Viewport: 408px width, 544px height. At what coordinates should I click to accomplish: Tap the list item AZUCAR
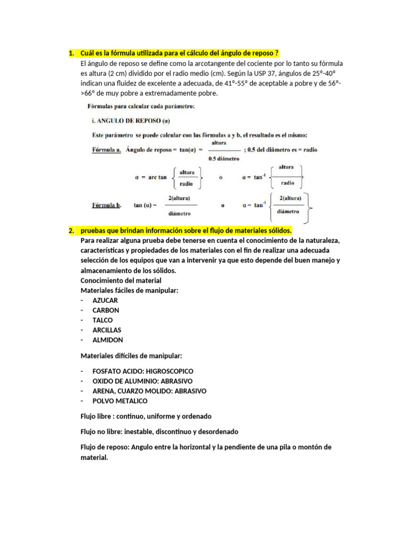click(x=105, y=300)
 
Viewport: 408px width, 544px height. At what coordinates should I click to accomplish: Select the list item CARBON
click(x=106, y=310)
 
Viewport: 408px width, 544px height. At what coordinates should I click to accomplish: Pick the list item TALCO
click(x=103, y=320)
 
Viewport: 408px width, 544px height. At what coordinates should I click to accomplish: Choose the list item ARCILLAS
click(x=107, y=330)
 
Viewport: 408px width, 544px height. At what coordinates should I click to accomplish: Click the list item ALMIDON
click(x=108, y=340)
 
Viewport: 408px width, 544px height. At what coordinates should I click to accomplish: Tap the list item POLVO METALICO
click(x=120, y=401)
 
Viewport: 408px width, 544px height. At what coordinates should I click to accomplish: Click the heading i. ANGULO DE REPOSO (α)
click(x=125, y=120)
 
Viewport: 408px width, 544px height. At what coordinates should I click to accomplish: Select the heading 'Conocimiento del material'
click(x=121, y=280)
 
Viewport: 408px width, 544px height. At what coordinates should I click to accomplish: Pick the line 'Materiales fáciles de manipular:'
click(x=129, y=291)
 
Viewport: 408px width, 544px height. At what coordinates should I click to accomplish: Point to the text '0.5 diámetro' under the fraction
click(x=224, y=159)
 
